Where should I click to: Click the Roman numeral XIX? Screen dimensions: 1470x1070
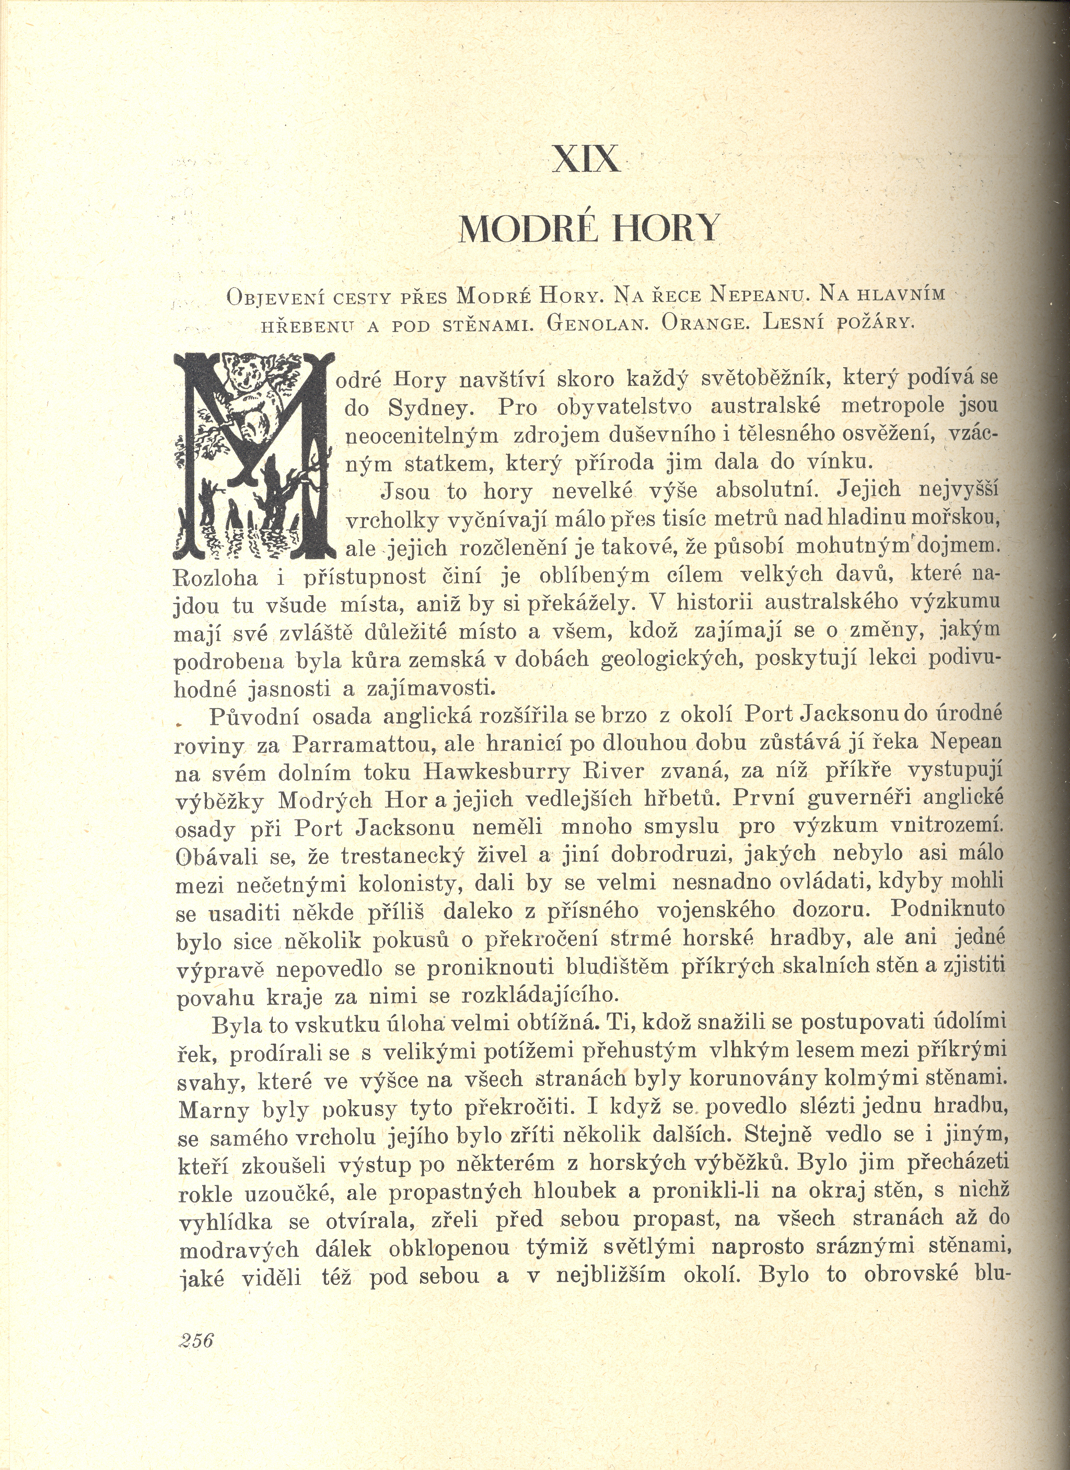[x=585, y=159]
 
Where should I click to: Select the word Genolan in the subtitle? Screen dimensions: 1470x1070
[x=597, y=322]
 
